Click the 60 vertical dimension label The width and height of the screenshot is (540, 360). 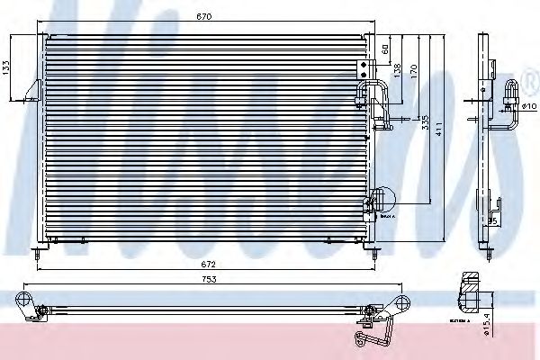(x=383, y=49)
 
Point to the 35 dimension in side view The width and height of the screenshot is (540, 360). (x=493, y=220)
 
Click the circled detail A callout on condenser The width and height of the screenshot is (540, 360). (x=382, y=198)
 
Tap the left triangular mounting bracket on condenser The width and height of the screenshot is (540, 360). (x=33, y=90)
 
